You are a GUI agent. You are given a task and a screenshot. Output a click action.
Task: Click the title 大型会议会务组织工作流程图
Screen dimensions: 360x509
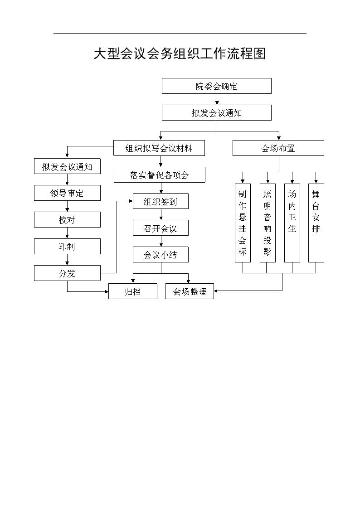pos(180,53)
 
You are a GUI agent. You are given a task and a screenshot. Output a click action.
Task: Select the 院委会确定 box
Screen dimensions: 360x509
pos(217,86)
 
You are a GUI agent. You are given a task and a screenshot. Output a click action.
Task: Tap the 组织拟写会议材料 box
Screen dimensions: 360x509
pos(159,148)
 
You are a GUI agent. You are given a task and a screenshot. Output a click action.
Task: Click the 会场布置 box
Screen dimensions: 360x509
pos(278,148)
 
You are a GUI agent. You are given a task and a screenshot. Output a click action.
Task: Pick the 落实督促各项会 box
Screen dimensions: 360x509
pos(160,175)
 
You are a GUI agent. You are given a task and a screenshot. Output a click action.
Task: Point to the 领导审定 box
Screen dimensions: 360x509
pos(67,193)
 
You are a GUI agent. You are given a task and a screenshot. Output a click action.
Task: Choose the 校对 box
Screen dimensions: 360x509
pos(67,220)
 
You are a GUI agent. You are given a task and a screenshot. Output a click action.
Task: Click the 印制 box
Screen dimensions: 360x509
pos(67,247)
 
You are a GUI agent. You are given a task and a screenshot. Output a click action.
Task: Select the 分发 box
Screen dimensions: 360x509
pos(67,273)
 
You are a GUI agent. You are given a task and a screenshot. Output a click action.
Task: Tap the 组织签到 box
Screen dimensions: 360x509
pos(161,201)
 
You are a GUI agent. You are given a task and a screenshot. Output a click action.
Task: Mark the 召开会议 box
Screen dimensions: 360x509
pos(161,228)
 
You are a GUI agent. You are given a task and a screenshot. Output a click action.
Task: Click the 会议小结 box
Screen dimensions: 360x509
pos(161,255)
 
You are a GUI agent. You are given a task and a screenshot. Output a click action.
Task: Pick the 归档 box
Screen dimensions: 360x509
pos(133,291)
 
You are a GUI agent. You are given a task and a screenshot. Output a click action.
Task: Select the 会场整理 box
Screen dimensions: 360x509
pos(190,291)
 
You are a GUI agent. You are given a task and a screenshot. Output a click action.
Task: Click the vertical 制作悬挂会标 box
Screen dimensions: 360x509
pos(243,223)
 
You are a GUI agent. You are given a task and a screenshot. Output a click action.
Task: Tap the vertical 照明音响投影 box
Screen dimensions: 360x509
pos(268,223)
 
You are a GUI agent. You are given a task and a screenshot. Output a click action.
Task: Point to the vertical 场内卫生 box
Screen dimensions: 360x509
pos(292,223)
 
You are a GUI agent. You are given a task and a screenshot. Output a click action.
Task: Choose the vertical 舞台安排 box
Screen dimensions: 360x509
pos(316,223)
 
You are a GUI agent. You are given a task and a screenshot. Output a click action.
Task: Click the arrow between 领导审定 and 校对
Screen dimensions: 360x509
pos(67,207)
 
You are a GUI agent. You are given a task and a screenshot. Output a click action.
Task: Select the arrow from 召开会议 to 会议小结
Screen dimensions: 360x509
pos(161,241)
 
